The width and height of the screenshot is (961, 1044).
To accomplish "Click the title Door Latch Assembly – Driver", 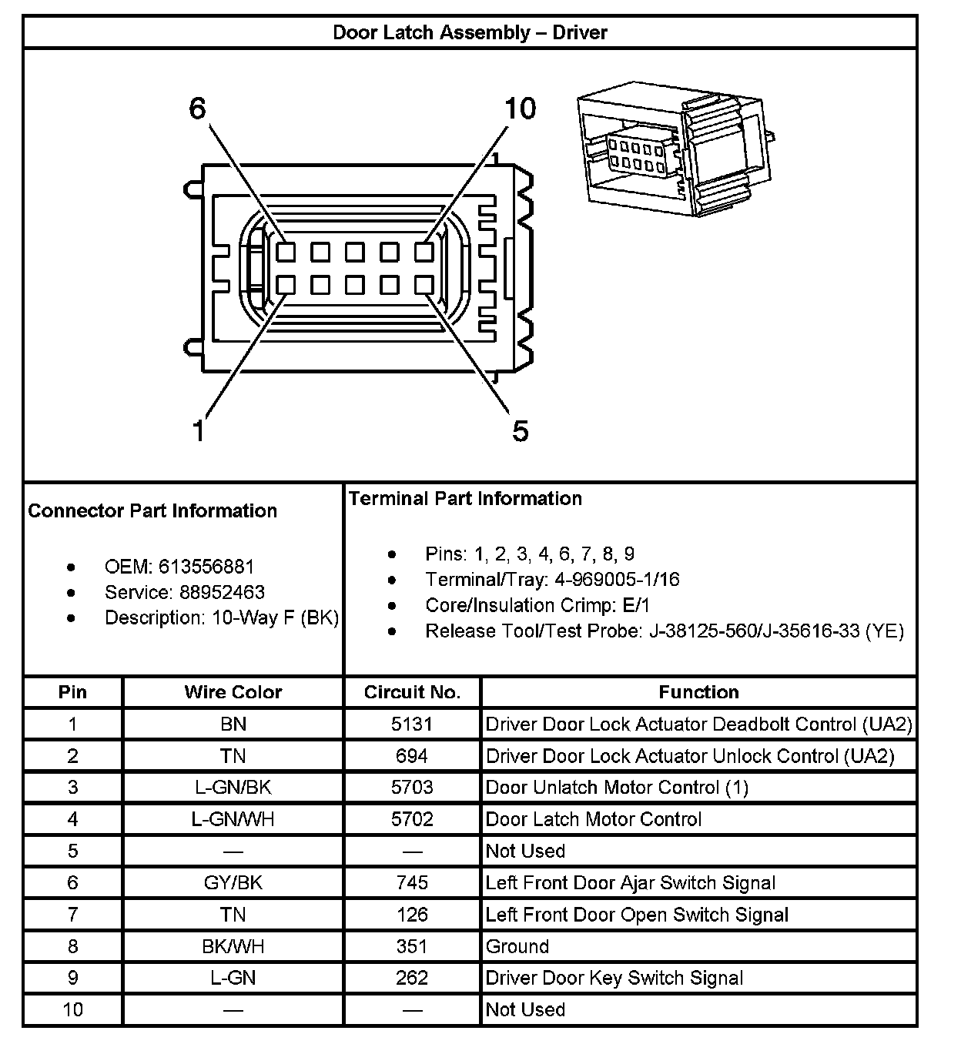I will (x=470, y=32).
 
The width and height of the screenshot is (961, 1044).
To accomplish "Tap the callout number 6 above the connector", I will (x=198, y=109).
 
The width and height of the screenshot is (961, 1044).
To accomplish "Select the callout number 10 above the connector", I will (x=520, y=109).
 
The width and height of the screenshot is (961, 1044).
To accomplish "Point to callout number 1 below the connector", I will (x=199, y=430).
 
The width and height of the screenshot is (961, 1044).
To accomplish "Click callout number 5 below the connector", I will (x=521, y=430).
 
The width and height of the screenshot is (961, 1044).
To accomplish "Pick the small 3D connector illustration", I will (x=673, y=153).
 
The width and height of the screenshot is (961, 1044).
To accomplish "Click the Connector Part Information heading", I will (x=152, y=510).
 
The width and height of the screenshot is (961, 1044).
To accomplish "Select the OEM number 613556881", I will (x=206, y=567).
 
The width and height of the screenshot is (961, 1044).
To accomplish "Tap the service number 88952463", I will (x=222, y=592).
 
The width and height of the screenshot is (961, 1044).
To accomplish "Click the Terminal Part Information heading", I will (x=465, y=498).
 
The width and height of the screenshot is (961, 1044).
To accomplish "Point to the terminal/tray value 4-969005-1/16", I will (x=617, y=579).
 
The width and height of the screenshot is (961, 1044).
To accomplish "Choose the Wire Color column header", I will (x=233, y=692).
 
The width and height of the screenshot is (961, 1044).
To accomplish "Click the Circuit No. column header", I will (x=412, y=692).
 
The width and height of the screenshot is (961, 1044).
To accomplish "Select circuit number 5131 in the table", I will (x=412, y=724).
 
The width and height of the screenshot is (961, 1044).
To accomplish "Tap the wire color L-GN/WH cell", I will (x=233, y=819).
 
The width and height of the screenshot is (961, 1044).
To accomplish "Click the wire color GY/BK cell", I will (x=233, y=882).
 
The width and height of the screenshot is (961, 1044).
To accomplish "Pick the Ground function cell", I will (x=517, y=946).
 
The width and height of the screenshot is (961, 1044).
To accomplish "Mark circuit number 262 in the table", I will (x=412, y=978).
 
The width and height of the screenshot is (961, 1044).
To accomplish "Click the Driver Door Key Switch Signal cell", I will (x=614, y=978).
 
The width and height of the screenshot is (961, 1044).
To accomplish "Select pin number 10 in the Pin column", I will (x=72, y=1009).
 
